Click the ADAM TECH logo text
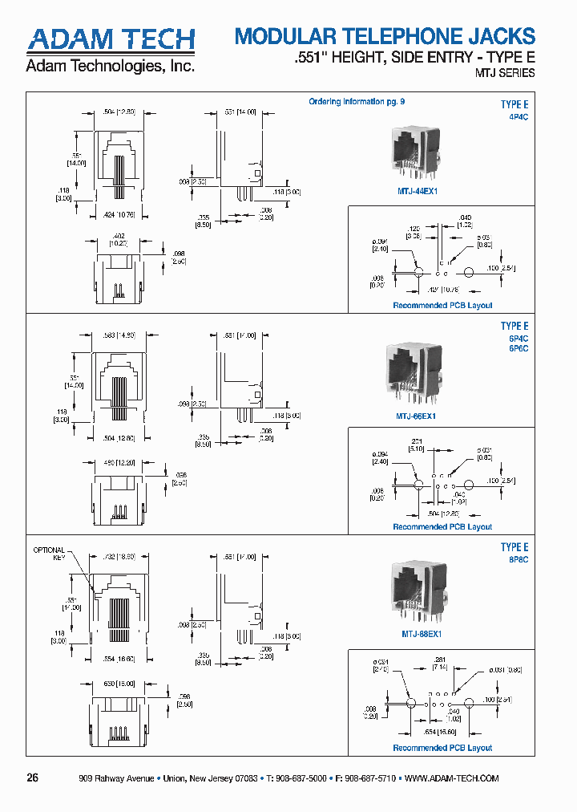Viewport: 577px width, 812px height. point(111,40)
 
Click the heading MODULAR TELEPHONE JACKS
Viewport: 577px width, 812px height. point(384,37)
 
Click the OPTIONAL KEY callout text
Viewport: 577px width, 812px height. point(48,553)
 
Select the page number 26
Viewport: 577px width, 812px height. point(33,777)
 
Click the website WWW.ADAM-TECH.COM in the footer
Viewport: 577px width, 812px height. point(453,778)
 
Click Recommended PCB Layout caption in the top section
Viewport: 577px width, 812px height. point(442,305)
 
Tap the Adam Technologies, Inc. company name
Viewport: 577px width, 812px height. point(111,67)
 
